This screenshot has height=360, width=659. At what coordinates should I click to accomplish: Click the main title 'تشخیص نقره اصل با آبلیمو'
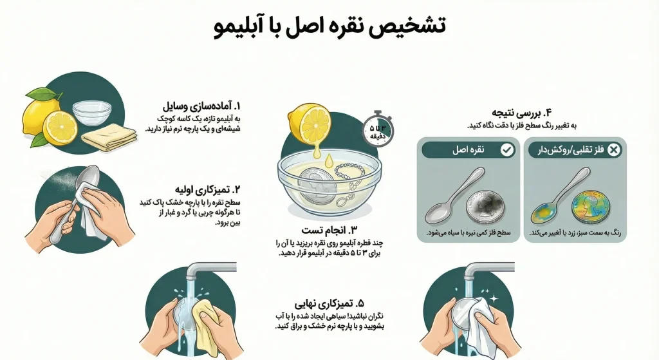pos(329,27)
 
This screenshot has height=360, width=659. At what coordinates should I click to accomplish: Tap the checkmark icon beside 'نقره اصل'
pos(507,150)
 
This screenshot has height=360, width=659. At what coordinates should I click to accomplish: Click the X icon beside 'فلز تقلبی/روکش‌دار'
pos(614,150)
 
